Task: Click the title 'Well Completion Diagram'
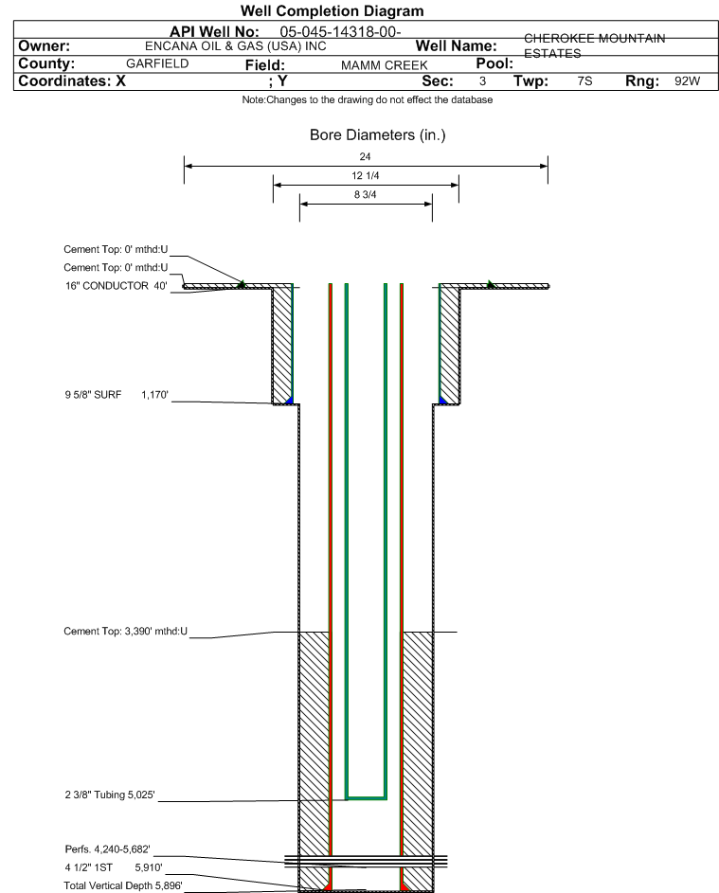(333, 10)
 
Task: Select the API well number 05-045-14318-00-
(340, 32)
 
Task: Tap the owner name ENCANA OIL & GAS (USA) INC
(236, 46)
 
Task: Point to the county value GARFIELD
(157, 63)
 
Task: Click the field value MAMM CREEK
(384, 65)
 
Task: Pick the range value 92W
(687, 80)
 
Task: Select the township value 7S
(584, 80)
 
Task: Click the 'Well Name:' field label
(456, 46)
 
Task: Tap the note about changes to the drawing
(368, 99)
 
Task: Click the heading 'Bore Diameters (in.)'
(378, 135)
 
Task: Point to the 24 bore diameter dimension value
(366, 156)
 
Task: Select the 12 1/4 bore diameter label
(366, 175)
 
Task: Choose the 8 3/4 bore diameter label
(366, 195)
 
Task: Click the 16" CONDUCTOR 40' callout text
(117, 286)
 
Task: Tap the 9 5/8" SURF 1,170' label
(117, 395)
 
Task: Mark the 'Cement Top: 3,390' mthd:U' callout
(125, 631)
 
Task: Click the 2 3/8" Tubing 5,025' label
(110, 795)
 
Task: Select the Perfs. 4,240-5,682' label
(108, 849)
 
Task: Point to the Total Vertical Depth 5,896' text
(123, 885)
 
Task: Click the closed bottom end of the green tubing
(367, 797)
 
